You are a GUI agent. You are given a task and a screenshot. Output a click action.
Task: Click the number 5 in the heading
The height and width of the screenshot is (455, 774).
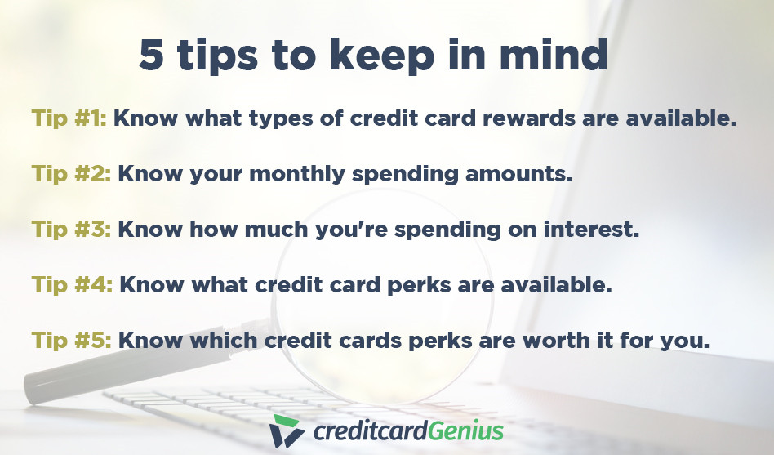(151, 56)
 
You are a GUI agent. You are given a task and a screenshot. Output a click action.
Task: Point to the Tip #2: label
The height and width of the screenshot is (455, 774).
(72, 174)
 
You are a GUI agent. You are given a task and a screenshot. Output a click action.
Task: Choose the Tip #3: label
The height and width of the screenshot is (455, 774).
(72, 230)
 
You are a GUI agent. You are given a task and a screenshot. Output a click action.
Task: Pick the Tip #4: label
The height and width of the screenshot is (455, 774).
(72, 285)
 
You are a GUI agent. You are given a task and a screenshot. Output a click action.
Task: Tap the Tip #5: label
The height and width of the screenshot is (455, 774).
(72, 341)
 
